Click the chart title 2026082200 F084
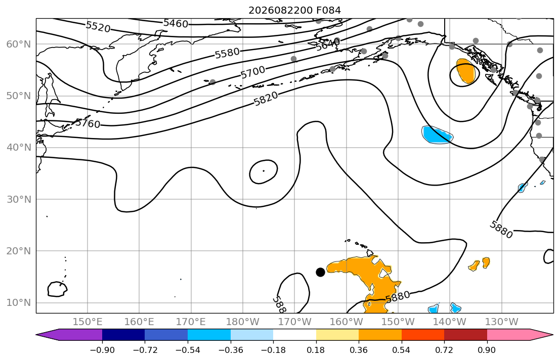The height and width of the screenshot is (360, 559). coord(294,10)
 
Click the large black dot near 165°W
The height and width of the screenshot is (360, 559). coord(321,273)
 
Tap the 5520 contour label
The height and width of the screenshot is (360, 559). coord(98,27)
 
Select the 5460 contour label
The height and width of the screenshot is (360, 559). coord(176,24)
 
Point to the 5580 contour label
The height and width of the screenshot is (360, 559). coord(227,53)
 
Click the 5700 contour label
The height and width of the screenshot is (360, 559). coord(253,72)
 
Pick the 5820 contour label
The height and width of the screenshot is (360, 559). coord(266,99)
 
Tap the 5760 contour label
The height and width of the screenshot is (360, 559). coord(88,123)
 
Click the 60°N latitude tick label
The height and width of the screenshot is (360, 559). coord(19,44)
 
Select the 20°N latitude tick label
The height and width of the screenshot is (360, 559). coord(19,251)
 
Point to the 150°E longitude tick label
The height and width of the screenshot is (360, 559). coord(88,322)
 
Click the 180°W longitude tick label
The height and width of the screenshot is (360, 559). coord(243,322)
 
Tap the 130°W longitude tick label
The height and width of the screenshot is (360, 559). coord(502,322)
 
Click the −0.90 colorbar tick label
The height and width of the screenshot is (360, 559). coord(102,350)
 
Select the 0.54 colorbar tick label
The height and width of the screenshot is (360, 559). coord(402,350)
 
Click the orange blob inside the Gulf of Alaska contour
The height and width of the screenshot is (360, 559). coord(466,71)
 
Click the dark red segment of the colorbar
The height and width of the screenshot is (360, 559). coord(465,335)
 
